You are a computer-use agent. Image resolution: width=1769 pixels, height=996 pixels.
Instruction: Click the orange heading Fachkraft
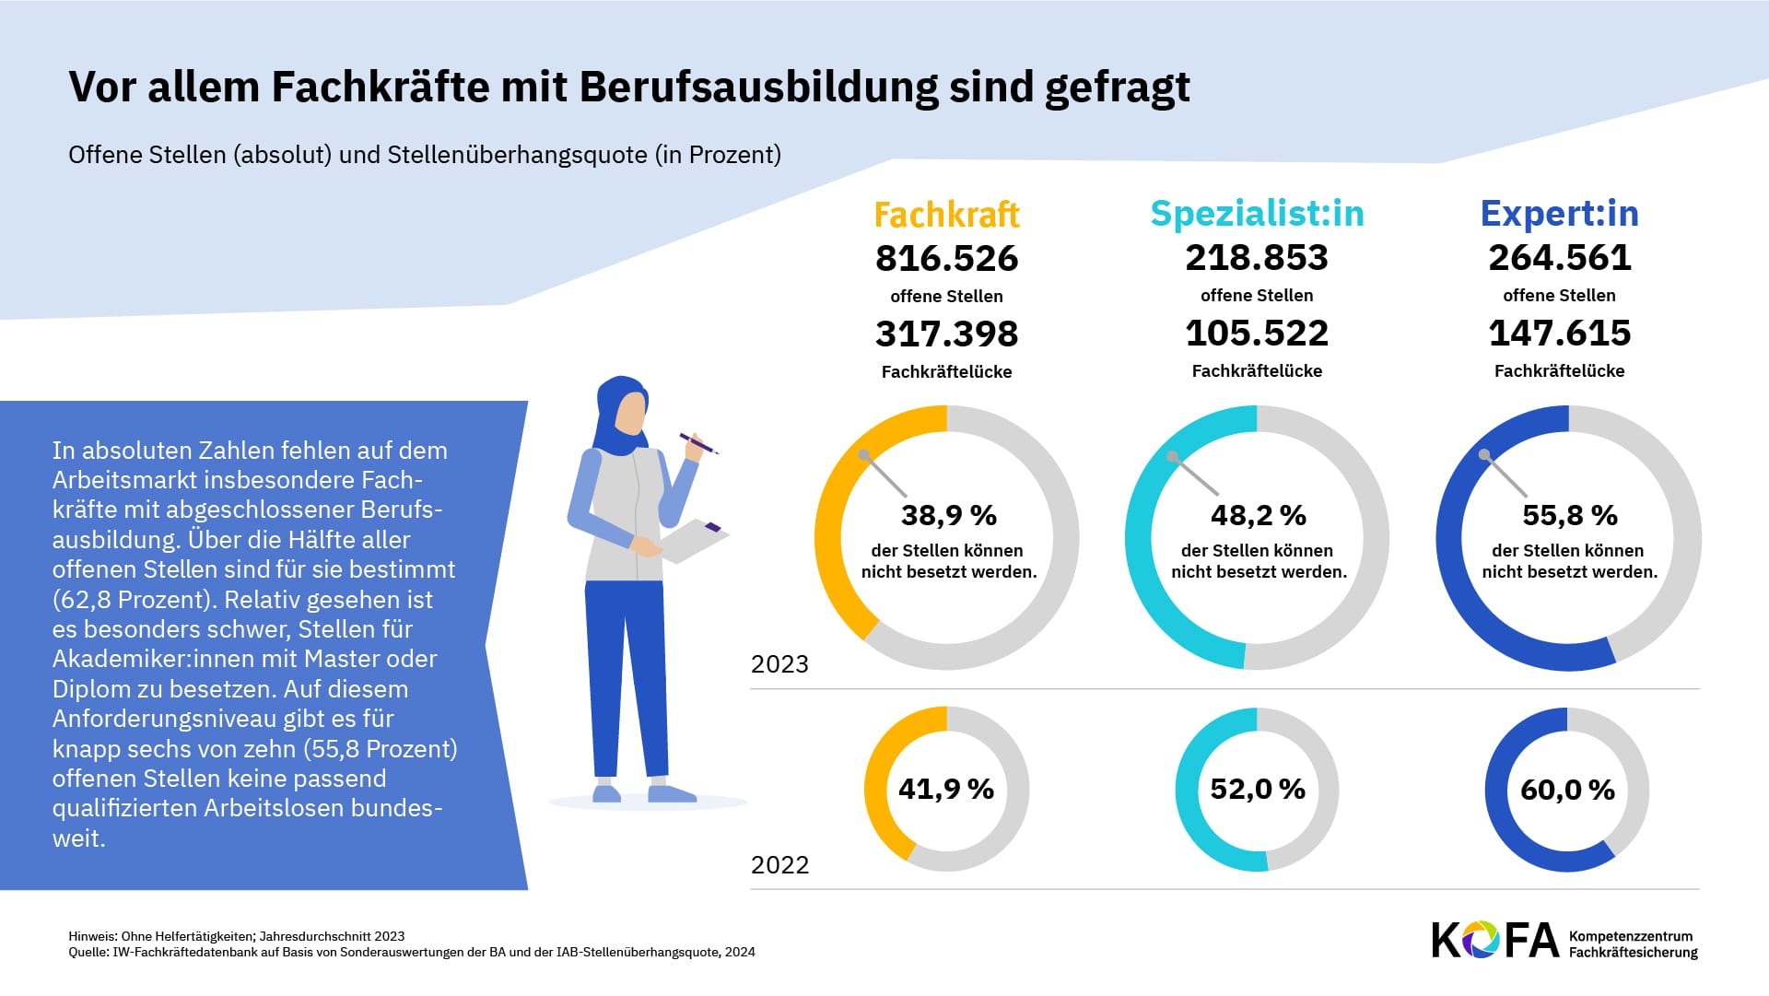pyautogui.click(x=946, y=215)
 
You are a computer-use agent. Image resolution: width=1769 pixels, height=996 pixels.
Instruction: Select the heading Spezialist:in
pyautogui.click(x=1257, y=214)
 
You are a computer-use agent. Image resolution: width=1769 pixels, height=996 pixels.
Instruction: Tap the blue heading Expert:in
pyautogui.click(x=1559, y=214)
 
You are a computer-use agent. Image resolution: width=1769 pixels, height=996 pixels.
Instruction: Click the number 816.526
pyautogui.click(x=946, y=259)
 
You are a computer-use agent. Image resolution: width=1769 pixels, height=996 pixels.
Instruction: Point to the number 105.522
pyautogui.click(x=1257, y=334)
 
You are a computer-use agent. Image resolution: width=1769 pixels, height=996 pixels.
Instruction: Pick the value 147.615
pyautogui.click(x=1559, y=334)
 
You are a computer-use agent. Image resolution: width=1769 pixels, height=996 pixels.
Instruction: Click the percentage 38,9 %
pyautogui.click(x=948, y=515)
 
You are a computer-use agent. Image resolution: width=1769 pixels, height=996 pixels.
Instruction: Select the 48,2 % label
pyautogui.click(x=1258, y=515)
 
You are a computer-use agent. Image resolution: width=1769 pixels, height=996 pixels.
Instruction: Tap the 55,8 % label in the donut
pyautogui.click(x=1569, y=515)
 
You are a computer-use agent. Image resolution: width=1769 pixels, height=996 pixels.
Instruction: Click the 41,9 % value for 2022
pyautogui.click(x=946, y=789)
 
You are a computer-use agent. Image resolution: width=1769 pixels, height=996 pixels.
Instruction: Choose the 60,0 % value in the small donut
pyautogui.click(x=1567, y=790)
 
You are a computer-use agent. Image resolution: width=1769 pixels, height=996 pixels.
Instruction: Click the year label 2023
pyautogui.click(x=779, y=664)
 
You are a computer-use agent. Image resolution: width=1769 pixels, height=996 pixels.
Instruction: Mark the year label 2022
pyautogui.click(x=779, y=865)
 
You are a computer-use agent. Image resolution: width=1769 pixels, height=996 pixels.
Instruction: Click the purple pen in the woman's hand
pyautogui.click(x=698, y=443)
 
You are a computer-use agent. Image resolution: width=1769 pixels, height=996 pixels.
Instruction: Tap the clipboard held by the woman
pyautogui.click(x=694, y=542)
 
